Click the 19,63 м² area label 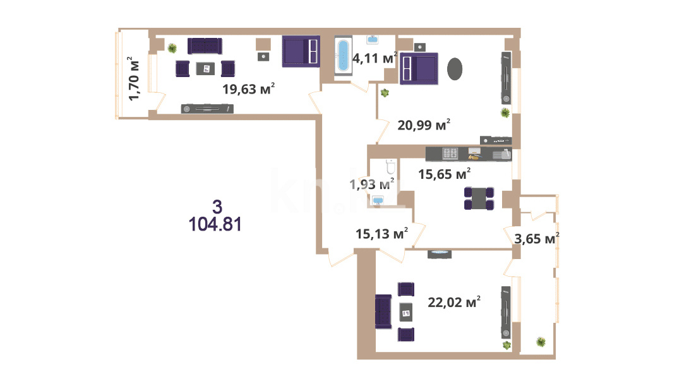249,88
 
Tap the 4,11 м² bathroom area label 374,57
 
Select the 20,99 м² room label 424,125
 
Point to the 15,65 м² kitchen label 445,174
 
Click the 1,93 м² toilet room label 372,184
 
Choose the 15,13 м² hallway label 381,233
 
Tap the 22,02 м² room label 454,302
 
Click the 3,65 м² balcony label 537,238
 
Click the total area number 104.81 215,224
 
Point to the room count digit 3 217,207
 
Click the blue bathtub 344,56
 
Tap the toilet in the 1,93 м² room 390,166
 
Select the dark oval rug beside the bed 455,69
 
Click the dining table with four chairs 479,198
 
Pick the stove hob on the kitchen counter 450,154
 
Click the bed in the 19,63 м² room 301,51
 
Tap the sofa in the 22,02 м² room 383,311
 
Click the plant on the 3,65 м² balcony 541,342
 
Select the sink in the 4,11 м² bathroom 373,40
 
